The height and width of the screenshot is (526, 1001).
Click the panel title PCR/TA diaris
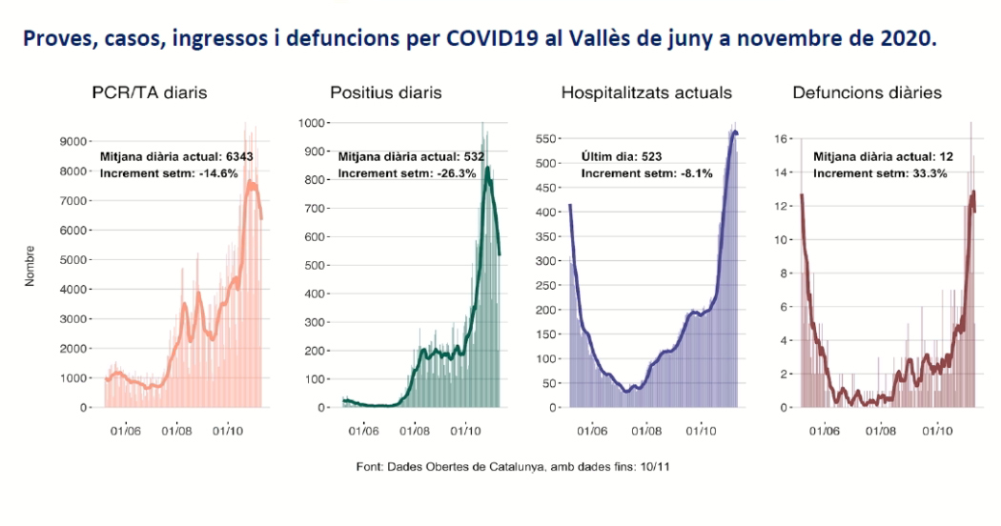tap(149, 92)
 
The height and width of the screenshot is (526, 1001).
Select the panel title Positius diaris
tap(385, 92)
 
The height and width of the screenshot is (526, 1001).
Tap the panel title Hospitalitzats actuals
tap(646, 92)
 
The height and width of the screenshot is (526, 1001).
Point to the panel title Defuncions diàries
tap(867, 92)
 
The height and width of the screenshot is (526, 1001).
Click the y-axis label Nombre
tap(31, 266)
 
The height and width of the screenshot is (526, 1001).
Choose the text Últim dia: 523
tap(621, 156)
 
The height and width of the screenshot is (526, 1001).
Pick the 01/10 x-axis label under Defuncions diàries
tap(937, 431)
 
